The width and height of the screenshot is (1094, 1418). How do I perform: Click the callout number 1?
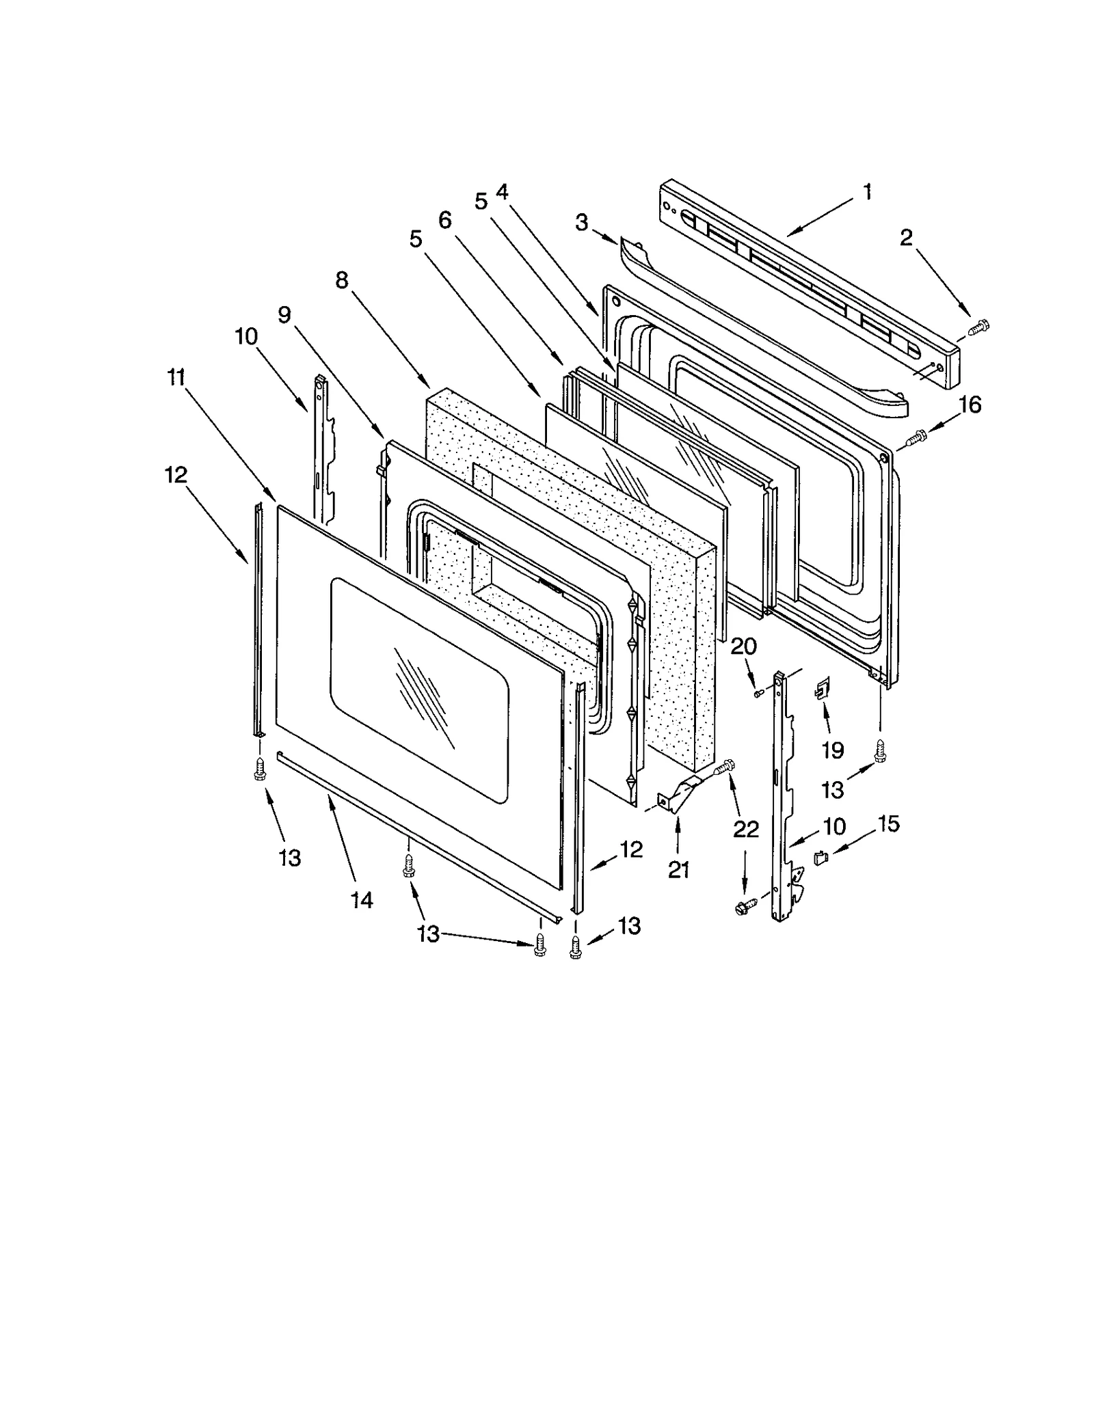(x=867, y=193)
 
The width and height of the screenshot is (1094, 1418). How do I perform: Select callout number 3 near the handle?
(x=581, y=223)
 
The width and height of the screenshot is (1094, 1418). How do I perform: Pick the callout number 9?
(x=284, y=314)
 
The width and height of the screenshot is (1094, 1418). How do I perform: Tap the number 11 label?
(x=176, y=377)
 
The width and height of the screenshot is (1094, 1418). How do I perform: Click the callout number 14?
(x=362, y=901)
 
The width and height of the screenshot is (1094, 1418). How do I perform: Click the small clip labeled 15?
(x=820, y=856)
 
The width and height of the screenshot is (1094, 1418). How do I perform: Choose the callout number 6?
(x=444, y=220)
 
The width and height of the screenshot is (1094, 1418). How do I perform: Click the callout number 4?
(x=502, y=192)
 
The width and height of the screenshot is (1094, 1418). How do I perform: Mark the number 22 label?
(x=745, y=830)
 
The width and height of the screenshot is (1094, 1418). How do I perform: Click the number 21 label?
(x=678, y=870)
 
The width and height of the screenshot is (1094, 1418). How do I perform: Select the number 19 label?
(x=832, y=750)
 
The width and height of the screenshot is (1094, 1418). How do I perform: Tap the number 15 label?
(x=888, y=824)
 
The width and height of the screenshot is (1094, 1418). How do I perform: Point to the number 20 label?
(x=743, y=646)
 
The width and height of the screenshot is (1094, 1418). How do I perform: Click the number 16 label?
(x=970, y=405)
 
